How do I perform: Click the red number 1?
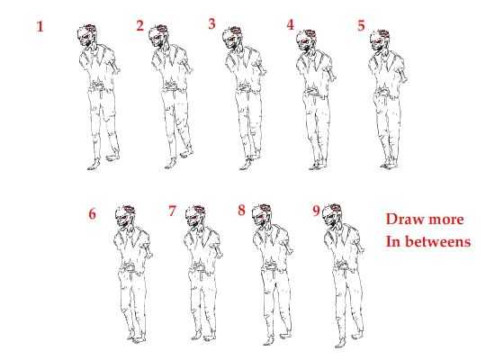coord(40,26)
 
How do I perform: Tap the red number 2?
coord(140,25)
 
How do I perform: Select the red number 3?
coord(211,23)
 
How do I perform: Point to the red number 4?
coord(291,24)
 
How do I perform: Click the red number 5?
coord(361,25)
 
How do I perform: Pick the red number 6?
coord(92,214)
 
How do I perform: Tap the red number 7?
coord(172,211)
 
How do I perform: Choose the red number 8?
coord(241,210)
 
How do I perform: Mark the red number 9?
coord(316,211)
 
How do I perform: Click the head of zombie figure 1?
coord(86,36)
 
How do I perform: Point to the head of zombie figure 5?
coord(380,40)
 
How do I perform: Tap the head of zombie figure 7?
coord(195,216)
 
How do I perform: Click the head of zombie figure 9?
coord(333,216)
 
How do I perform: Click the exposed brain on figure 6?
coord(129,209)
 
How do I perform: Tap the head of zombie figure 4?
coord(306,40)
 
